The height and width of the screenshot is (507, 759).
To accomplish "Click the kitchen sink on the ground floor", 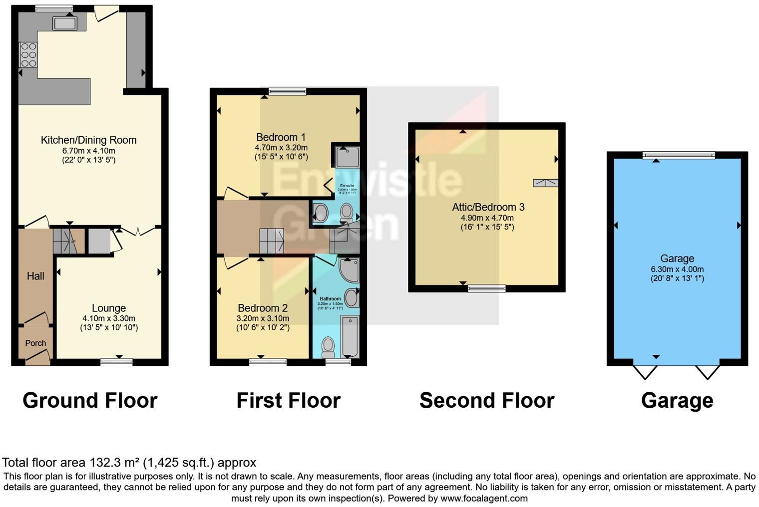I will pyautogui.click(x=65, y=23).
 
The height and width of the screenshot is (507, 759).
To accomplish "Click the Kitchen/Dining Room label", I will pyautogui.click(x=88, y=140).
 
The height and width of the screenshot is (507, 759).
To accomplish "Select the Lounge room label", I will pyautogui.click(x=108, y=308).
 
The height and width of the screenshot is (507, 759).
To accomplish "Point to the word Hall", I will pyautogui.click(x=35, y=276).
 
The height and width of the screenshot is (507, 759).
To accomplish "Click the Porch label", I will pyautogui.click(x=35, y=343).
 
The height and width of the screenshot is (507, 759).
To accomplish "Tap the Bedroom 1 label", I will pyautogui.click(x=281, y=137).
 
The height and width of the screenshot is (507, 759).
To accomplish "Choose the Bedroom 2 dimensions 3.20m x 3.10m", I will pyautogui.click(x=263, y=318).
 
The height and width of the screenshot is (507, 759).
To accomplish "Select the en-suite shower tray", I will pyautogui.click(x=345, y=157).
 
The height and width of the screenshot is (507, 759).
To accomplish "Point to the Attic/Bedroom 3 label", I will pyautogui.click(x=488, y=207).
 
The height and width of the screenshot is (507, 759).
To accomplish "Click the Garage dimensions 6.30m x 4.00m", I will pyautogui.click(x=677, y=269).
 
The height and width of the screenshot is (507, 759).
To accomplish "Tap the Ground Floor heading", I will pyautogui.click(x=90, y=401).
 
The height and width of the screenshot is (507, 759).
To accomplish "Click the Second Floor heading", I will pyautogui.click(x=487, y=401).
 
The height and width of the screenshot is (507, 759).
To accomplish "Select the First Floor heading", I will pyautogui.click(x=288, y=401).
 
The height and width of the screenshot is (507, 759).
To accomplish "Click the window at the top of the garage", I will pyautogui.click(x=678, y=155).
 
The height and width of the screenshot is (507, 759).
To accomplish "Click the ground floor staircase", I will pyautogui.click(x=68, y=241).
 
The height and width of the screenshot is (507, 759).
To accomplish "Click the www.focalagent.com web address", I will pyautogui.click(x=484, y=498).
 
